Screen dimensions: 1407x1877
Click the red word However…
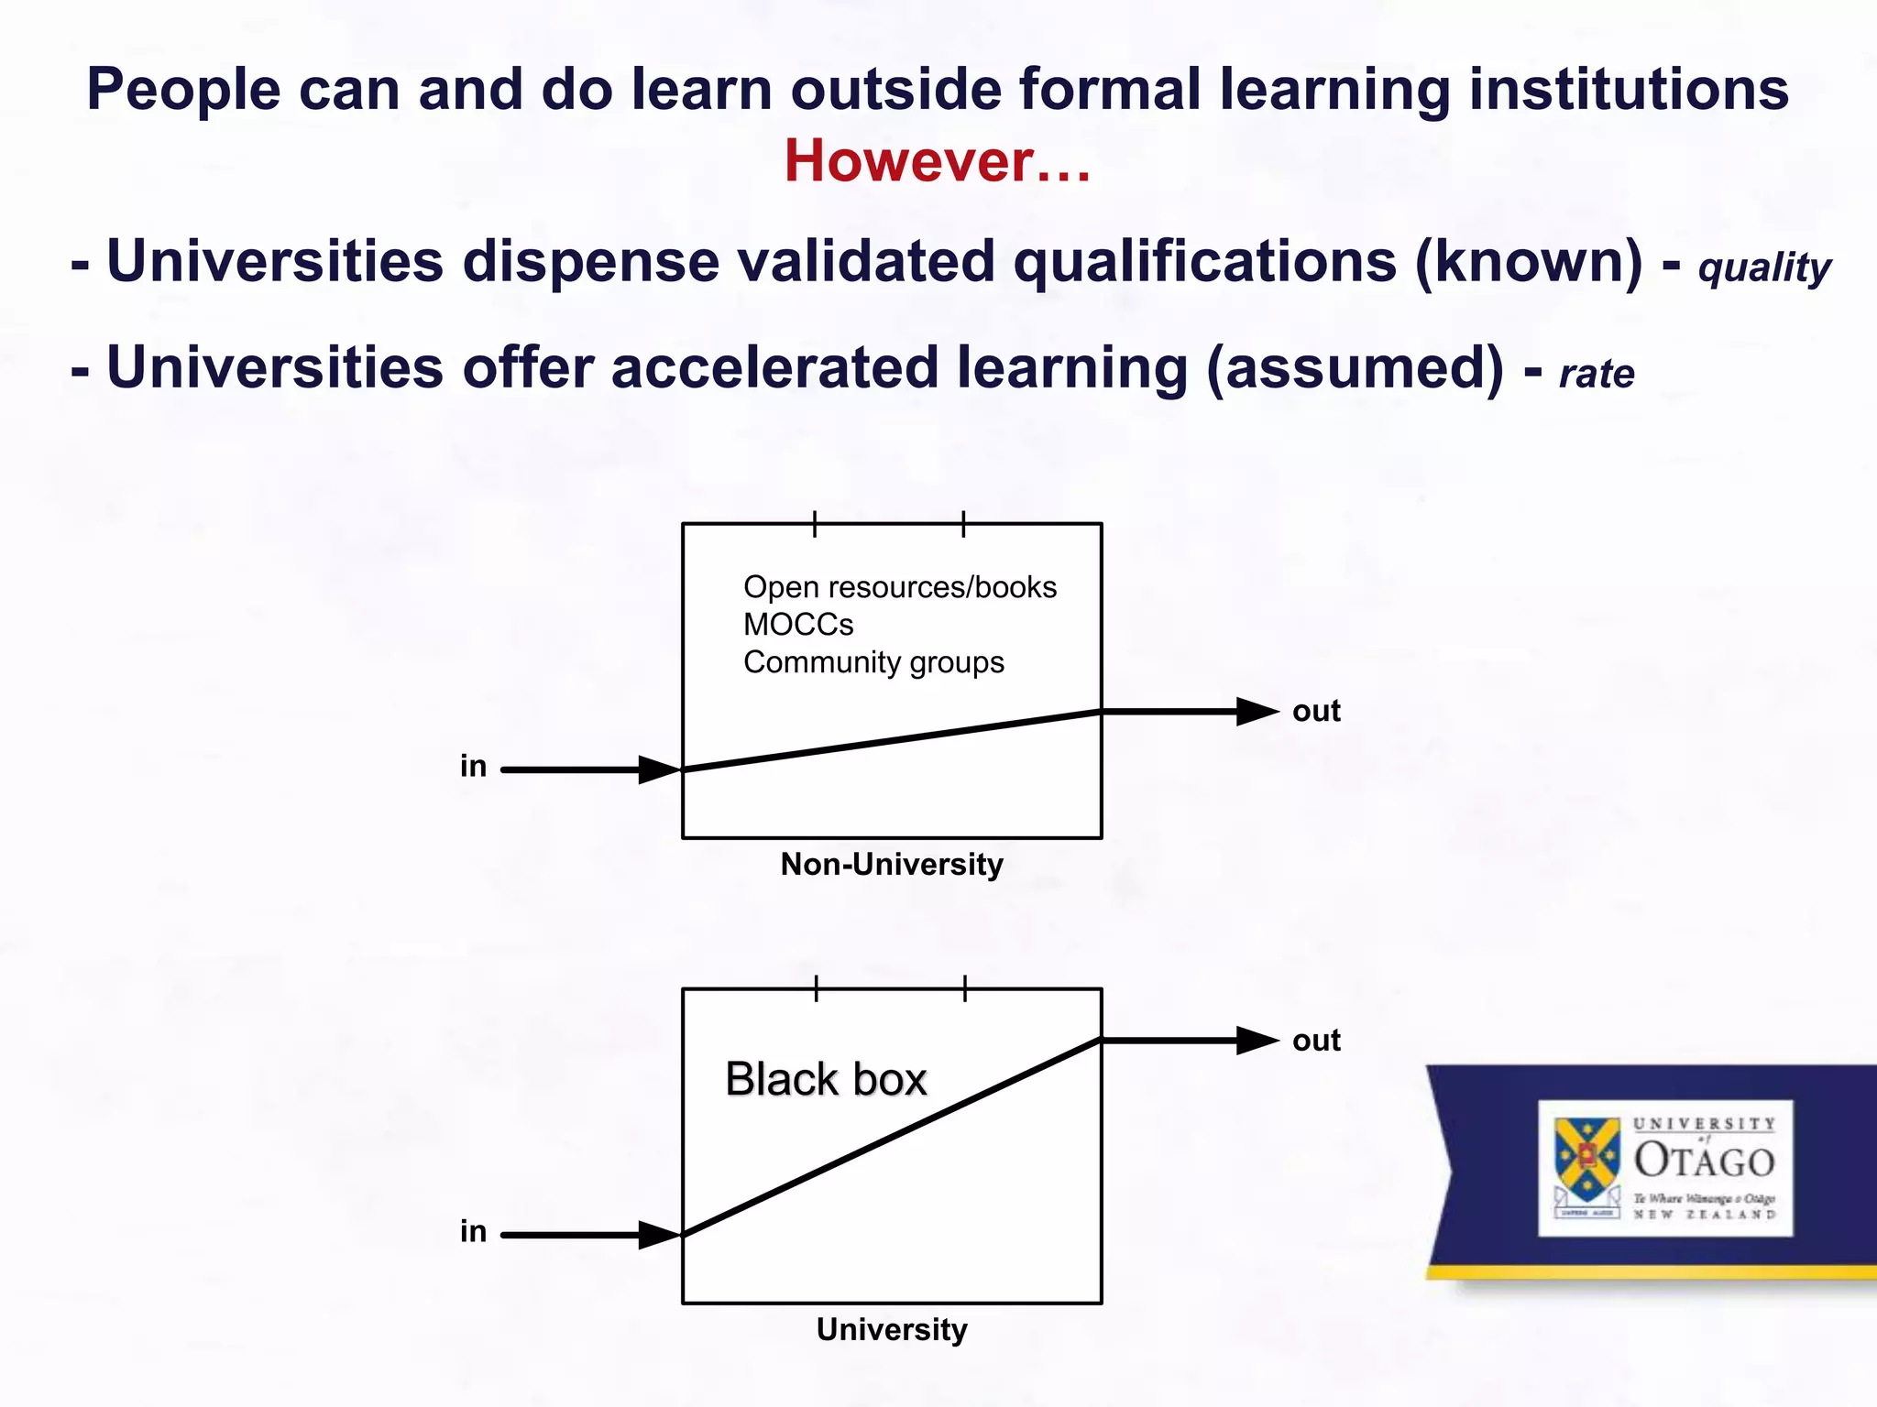click(937, 161)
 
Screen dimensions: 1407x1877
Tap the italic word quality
click(1764, 268)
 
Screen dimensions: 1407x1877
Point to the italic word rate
click(1597, 374)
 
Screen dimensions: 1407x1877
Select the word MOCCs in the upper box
click(798, 625)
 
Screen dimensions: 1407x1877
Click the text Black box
click(825, 1079)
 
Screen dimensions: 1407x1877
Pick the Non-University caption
click(891, 865)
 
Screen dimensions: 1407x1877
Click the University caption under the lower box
click(891, 1329)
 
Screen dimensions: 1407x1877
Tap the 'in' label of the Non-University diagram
click(473, 766)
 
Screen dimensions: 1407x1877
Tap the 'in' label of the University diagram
click(473, 1231)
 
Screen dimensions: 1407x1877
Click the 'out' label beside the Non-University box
click(1316, 711)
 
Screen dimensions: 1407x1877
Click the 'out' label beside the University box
click(1316, 1041)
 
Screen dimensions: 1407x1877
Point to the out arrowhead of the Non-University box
click(1257, 712)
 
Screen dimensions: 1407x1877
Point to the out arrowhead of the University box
click(1257, 1041)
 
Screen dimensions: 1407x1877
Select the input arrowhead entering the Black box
click(658, 1235)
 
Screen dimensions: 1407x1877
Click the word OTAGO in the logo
click(1705, 1161)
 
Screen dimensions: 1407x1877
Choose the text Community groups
click(873, 662)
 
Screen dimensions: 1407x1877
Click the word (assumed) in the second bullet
click(1355, 368)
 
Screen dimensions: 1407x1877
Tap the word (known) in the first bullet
click(1529, 262)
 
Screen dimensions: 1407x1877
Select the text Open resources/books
click(899, 587)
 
